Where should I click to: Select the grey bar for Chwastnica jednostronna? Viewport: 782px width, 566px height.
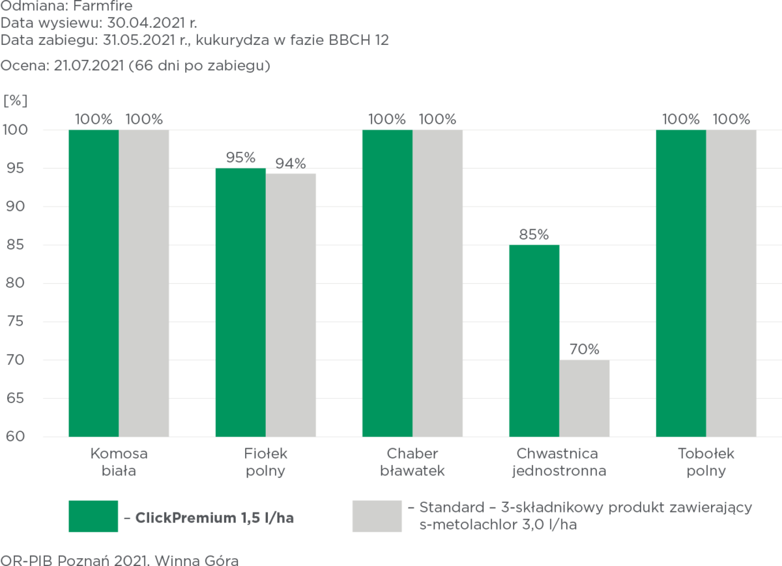(x=585, y=398)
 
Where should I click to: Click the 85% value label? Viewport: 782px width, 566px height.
(x=534, y=233)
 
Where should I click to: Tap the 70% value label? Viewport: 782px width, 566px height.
(x=585, y=349)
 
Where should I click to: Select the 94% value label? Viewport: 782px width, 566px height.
(x=291, y=163)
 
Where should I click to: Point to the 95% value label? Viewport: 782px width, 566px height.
(x=240, y=158)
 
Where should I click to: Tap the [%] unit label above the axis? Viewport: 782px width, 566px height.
(x=16, y=100)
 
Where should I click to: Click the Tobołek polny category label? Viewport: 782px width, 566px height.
(x=706, y=462)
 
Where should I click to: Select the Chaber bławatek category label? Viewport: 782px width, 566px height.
(x=412, y=462)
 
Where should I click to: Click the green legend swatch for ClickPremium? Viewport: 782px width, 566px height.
(x=93, y=516)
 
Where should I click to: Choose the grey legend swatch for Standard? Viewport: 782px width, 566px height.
(x=377, y=516)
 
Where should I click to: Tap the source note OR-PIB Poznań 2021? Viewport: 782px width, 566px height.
(x=120, y=559)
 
